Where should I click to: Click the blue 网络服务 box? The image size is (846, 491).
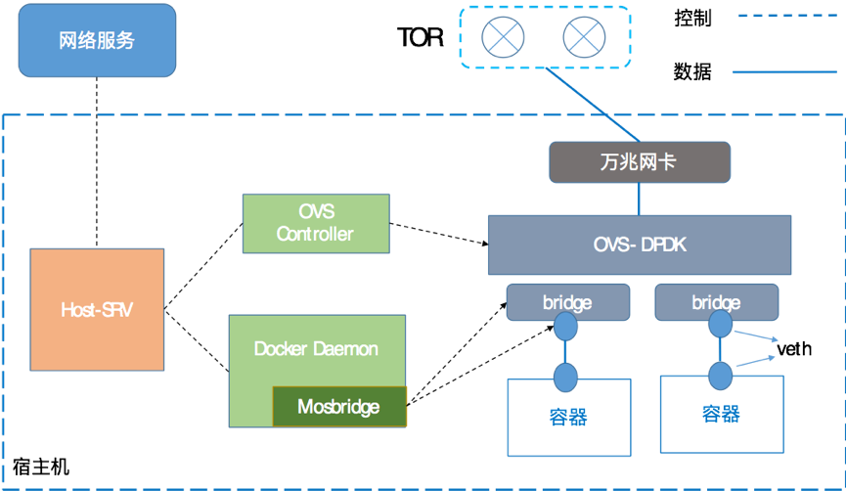click(97, 41)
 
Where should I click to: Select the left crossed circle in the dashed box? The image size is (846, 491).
click(503, 38)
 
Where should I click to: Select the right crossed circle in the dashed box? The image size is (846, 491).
click(584, 38)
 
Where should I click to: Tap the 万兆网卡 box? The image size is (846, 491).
click(639, 162)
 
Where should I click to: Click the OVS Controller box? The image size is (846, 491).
click(315, 224)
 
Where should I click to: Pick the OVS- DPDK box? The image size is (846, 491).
click(639, 245)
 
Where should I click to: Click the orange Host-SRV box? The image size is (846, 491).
click(97, 309)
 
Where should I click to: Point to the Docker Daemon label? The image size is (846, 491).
click(316, 349)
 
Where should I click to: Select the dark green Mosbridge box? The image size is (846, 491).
click(338, 406)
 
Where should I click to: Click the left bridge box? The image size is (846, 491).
click(567, 302)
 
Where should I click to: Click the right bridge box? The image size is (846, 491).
click(716, 302)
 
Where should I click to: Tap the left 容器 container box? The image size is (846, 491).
click(568, 418)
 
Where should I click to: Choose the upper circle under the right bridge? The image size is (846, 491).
click(719, 326)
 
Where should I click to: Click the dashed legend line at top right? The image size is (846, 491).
click(785, 16)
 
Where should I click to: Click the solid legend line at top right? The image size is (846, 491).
click(785, 72)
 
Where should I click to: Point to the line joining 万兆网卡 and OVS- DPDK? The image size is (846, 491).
click(640, 199)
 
